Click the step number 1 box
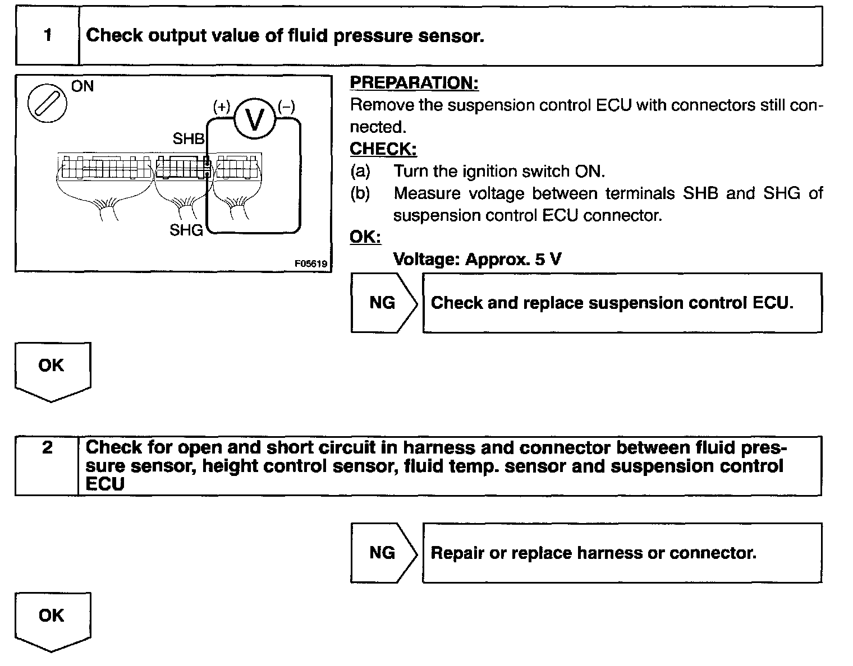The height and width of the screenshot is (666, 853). (47, 36)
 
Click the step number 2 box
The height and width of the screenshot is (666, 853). (47, 465)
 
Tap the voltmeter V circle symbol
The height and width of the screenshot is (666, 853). (254, 119)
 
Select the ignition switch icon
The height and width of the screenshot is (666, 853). (47, 104)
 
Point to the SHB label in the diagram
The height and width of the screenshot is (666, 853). (189, 138)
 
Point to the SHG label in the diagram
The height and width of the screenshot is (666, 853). (186, 230)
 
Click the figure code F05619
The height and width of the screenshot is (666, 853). (311, 263)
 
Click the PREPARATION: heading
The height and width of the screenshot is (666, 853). (414, 83)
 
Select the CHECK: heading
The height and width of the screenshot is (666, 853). (383, 149)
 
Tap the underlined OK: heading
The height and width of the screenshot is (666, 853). (365, 237)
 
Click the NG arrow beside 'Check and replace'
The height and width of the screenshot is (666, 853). (383, 303)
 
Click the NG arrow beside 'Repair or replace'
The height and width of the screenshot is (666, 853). (383, 553)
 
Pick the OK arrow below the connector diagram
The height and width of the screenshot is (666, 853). (52, 370)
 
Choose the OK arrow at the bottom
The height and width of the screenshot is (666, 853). (52, 620)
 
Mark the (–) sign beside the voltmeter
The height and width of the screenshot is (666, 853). (286, 107)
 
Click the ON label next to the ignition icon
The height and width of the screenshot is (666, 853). (82, 86)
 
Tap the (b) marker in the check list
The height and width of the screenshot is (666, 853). (360, 193)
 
